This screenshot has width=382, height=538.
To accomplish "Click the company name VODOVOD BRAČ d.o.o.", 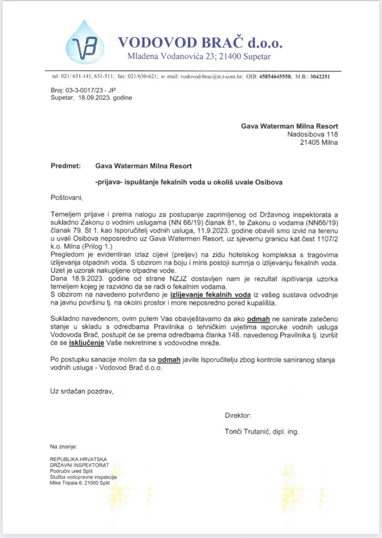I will [x=200, y=43].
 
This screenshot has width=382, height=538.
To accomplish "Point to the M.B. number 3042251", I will [x=319, y=77].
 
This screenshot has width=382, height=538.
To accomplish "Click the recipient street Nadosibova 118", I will [x=312, y=134].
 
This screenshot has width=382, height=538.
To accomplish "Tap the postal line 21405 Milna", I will [x=319, y=142].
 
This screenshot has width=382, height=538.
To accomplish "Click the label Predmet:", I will [x=66, y=165].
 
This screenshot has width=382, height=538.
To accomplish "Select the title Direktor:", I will [x=238, y=416].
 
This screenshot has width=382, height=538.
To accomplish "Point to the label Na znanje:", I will [x=64, y=447].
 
